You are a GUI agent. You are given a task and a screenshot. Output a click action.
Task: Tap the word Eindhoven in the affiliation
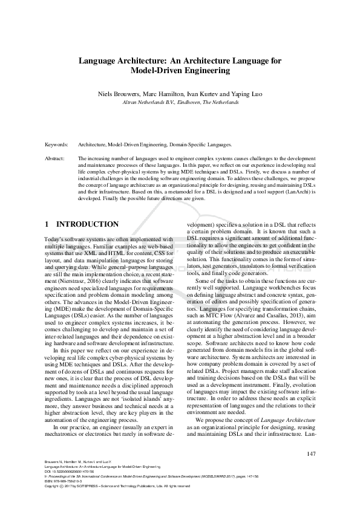189,102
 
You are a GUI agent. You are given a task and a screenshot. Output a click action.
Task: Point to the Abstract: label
55,157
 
